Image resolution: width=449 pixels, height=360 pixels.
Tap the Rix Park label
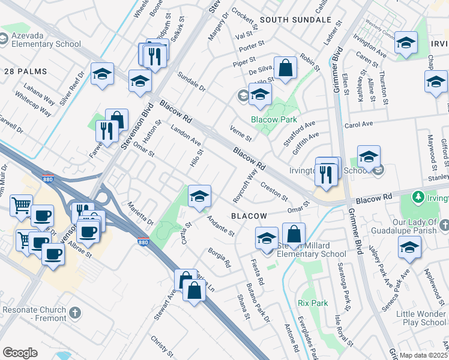point(313,303)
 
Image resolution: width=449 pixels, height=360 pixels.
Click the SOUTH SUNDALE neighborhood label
point(296,20)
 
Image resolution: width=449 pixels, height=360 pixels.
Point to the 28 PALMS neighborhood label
point(26,71)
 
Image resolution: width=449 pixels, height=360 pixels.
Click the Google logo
point(20,353)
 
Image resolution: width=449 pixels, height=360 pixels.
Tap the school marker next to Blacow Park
point(260,94)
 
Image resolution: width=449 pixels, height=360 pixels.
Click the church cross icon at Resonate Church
point(75,313)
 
